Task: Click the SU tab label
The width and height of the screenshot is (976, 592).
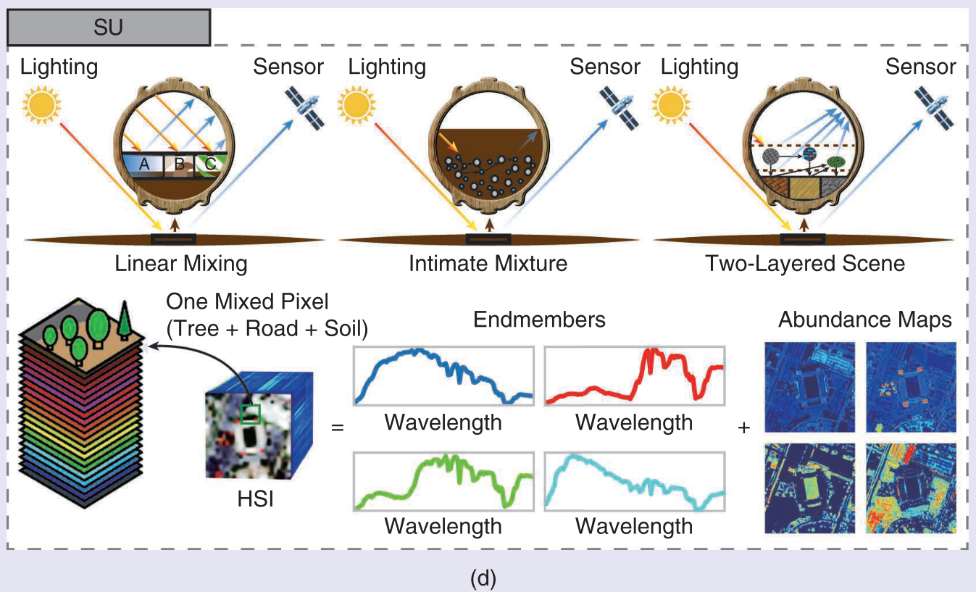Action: point(108,28)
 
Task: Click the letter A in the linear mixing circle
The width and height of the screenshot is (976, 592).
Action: point(144,165)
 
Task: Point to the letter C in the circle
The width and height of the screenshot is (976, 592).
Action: point(210,164)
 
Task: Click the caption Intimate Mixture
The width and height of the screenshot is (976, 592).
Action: point(488,263)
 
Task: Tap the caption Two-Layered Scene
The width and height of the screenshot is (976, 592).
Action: point(805,263)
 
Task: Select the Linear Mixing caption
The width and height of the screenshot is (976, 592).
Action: point(181,263)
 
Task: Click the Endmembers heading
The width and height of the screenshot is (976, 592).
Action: point(539,320)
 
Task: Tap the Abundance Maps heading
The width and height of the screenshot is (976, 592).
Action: point(865,320)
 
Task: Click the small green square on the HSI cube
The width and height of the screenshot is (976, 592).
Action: point(250,414)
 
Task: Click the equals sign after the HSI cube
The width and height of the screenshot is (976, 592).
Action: point(337,428)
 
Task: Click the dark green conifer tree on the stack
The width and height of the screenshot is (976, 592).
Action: point(125,319)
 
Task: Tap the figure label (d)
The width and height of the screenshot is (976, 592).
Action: point(483,578)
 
